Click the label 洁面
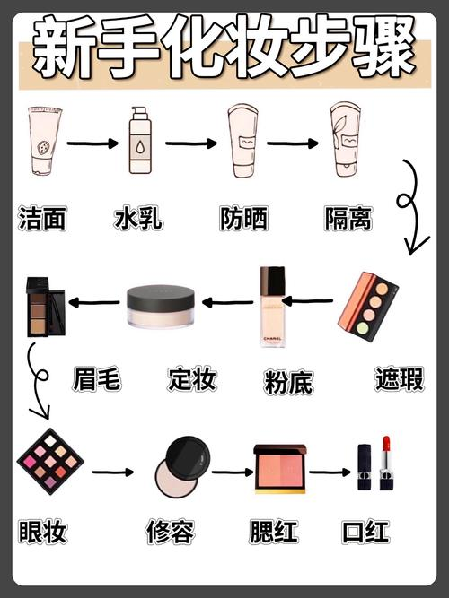42,218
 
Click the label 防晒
243,218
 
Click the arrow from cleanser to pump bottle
92,143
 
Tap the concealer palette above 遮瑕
368,302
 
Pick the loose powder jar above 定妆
161,306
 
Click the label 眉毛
96,379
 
